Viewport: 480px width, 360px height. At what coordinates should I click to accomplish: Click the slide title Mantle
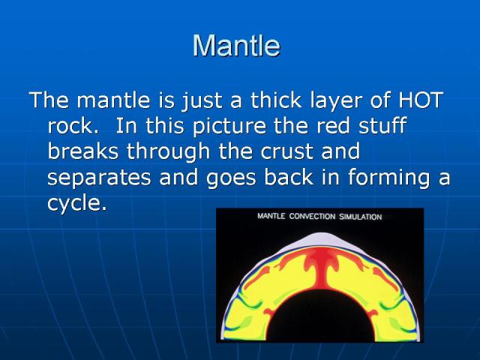tap(236, 45)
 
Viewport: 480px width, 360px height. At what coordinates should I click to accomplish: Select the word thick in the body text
tap(277, 100)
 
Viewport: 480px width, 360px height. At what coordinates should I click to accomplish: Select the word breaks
tap(83, 151)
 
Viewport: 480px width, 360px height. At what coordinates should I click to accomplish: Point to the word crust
tap(286, 151)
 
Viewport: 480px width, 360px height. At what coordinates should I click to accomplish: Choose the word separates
tap(99, 178)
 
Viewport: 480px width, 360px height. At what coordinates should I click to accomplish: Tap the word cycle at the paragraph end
tap(77, 203)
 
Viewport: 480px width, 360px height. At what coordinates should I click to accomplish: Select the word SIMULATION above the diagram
tap(360, 217)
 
